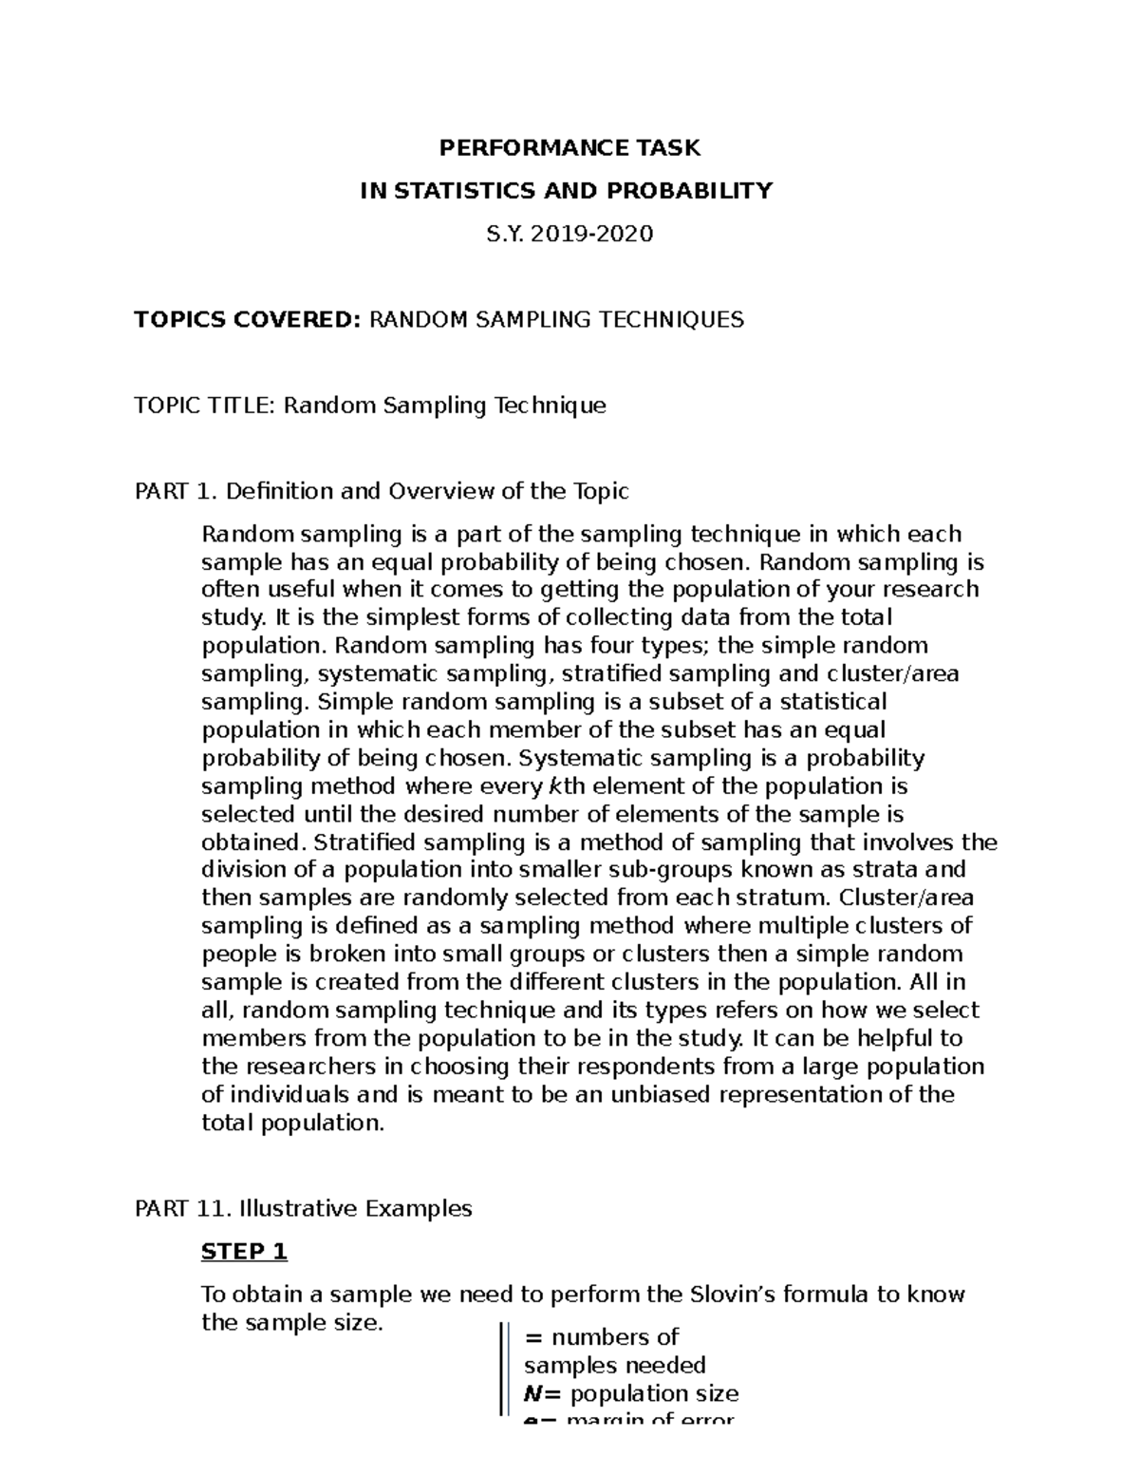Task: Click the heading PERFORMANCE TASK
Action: click(x=569, y=148)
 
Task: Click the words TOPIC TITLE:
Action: click(x=206, y=407)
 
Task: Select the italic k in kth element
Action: click(x=554, y=786)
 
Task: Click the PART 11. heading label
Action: click(x=183, y=1209)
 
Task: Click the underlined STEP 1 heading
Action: click(x=244, y=1252)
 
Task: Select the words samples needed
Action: click(x=614, y=1366)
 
